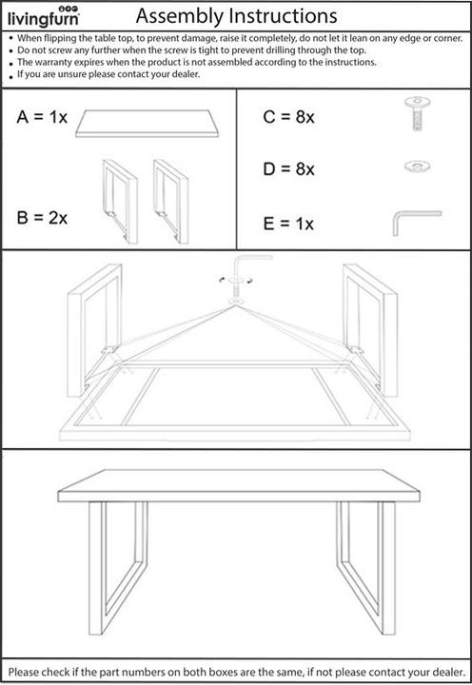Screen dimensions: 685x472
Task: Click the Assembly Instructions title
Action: pos(236,16)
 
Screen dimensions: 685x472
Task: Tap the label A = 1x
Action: pos(42,117)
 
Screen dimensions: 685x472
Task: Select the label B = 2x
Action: pos(42,217)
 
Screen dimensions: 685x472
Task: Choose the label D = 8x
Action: pos(287,169)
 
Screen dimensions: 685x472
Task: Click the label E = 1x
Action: pos(287,225)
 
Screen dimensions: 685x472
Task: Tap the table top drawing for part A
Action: pos(143,122)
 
